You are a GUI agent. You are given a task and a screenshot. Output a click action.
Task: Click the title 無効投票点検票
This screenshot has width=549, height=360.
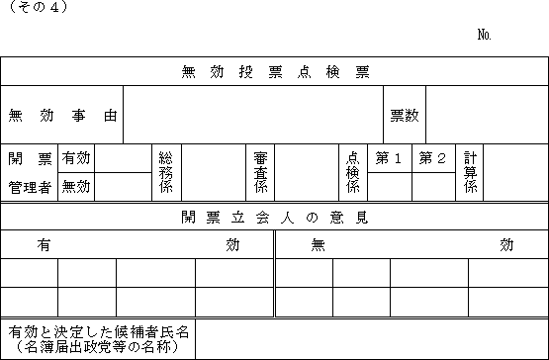click(275, 72)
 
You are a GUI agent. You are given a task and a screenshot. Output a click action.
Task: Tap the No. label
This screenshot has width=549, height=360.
click(485, 35)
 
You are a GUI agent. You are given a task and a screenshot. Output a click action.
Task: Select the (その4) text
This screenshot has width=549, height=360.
click(39, 7)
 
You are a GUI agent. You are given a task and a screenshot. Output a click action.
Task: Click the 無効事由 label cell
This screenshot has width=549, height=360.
click(62, 115)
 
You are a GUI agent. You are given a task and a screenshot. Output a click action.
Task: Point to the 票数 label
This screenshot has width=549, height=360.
click(405, 115)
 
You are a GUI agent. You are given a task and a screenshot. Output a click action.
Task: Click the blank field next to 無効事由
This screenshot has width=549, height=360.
click(253, 115)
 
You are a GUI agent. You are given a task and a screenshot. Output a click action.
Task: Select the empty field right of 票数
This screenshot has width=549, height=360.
click(487, 115)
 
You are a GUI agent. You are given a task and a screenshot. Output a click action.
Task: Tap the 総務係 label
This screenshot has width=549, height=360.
click(166, 172)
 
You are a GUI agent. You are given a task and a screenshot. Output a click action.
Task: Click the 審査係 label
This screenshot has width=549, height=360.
click(260, 172)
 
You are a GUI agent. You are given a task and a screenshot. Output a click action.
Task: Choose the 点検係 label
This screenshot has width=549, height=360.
click(353, 172)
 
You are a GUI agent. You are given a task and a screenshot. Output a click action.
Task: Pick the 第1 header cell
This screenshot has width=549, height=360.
click(390, 158)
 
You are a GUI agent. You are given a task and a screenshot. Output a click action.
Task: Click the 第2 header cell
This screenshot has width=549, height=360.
click(434, 158)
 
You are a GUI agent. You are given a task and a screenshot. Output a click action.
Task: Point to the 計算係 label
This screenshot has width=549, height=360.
click(470, 172)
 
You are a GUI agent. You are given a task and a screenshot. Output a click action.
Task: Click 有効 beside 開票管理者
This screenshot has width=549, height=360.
click(76, 158)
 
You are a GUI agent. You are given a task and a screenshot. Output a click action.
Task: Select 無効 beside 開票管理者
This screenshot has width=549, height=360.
click(76, 187)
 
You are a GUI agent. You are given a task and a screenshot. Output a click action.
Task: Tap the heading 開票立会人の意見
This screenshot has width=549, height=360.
click(275, 218)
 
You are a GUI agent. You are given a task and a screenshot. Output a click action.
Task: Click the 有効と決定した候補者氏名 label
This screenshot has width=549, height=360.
click(99, 332)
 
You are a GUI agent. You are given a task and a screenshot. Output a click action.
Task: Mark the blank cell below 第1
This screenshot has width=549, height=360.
click(390, 187)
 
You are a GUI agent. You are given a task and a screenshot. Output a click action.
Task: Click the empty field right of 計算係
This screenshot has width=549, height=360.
click(515, 172)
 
